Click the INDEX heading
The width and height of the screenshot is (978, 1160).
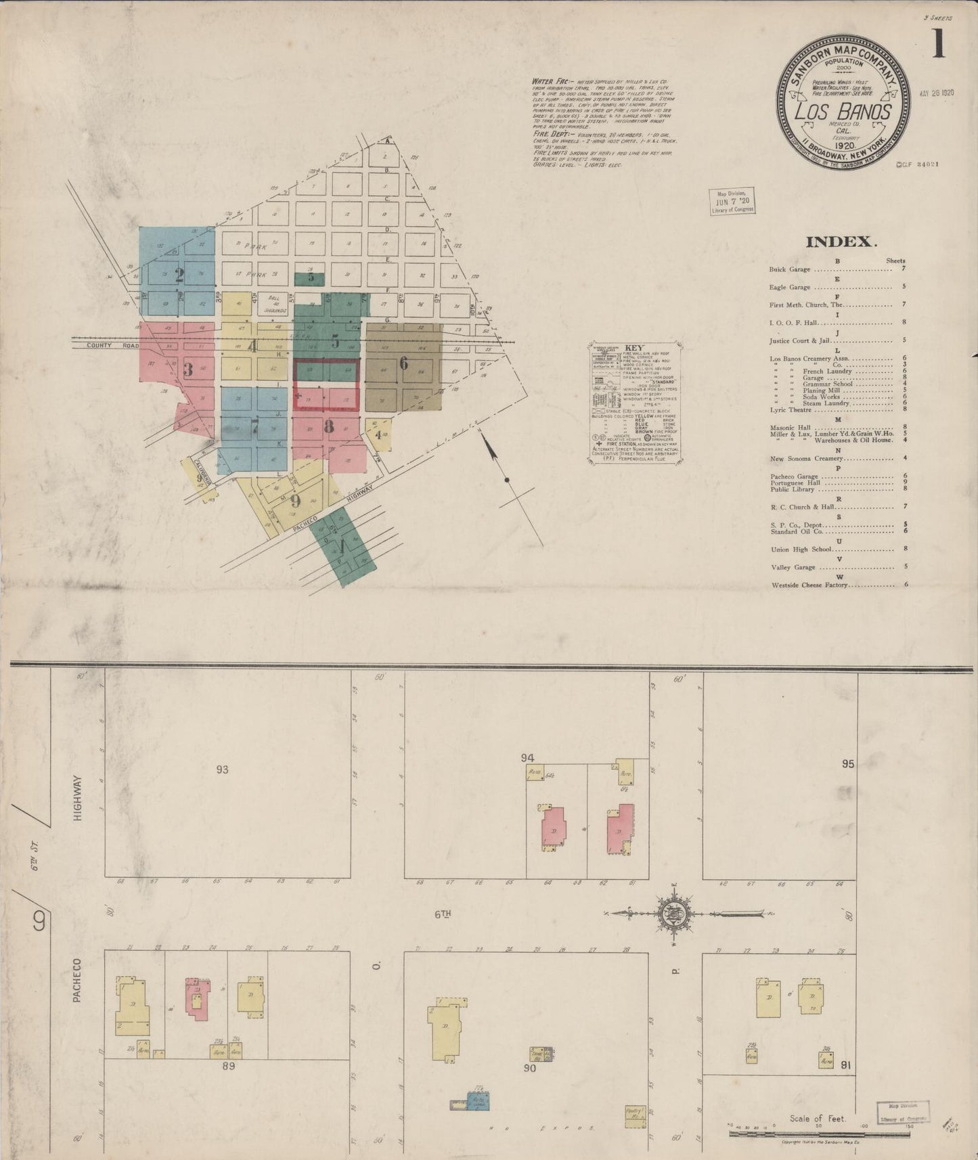841,242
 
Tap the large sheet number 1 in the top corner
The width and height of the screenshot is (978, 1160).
938,45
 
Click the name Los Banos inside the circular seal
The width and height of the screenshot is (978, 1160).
843,111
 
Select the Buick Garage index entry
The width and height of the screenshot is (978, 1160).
789,269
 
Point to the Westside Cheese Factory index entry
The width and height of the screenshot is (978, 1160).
809,585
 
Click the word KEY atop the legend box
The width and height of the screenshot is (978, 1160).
634,348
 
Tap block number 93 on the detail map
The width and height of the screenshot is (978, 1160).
222,769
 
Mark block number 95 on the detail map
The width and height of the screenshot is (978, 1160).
847,764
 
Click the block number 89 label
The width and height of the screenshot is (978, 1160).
228,1065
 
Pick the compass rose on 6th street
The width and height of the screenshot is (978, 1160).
674,913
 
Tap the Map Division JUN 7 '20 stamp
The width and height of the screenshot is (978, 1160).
731,202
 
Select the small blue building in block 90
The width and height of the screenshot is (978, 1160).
478,1101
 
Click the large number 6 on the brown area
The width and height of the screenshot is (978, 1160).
403,363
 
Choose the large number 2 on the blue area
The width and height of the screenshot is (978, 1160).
179,275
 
